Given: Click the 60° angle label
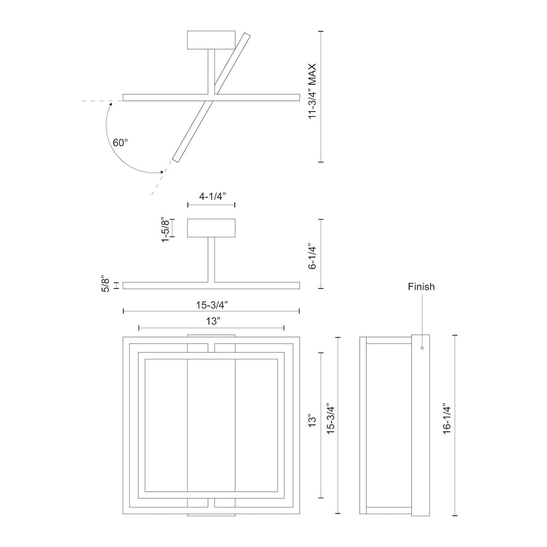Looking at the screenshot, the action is pos(120,143).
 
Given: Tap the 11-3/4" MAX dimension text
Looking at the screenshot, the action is pos(312,91).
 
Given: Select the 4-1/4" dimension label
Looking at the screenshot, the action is pos(212,196).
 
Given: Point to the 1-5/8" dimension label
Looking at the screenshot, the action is pos(165,230).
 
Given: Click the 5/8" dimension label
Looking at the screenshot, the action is pos(106,286).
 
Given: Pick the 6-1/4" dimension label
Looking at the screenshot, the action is pos(312,258).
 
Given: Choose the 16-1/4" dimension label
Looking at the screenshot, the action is pos(447,420).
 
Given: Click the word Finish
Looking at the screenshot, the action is pos(421,287).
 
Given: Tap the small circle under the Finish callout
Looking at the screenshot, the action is pos(422,348).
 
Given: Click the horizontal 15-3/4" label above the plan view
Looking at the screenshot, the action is pos(212,305).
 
